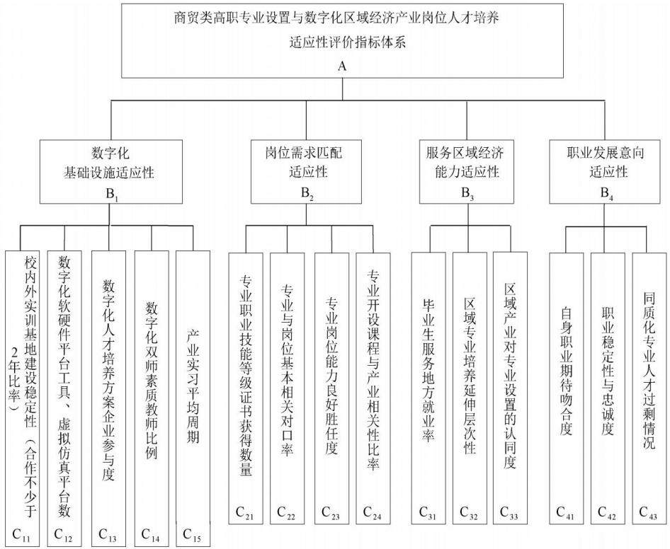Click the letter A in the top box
coord(342,67)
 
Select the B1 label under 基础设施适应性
coord(111,195)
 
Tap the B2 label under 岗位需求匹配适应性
coord(307,194)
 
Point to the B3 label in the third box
coord(467,194)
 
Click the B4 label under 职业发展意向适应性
coord(607,194)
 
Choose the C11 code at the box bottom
coord(21,534)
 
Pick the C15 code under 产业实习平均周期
coord(191,534)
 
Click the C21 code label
coord(244,513)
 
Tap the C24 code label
coord(372,513)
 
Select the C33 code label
coord(509,513)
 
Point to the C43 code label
coord(648,513)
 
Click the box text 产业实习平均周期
coord(193,386)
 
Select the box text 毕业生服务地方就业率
coord(428,370)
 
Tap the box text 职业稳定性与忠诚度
coord(608,370)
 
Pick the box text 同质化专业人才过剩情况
coord(649,370)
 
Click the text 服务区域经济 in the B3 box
coord(465,152)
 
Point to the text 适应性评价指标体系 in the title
coord(347,42)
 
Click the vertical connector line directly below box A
coord(342,89)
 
